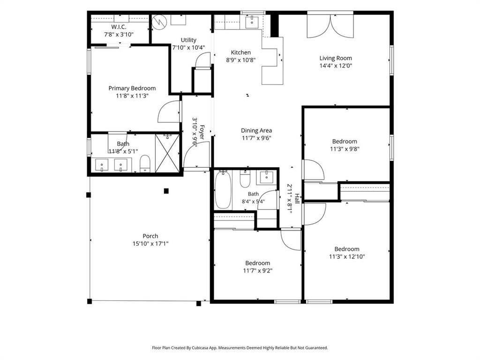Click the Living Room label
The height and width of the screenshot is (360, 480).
pyautogui.click(x=336, y=58)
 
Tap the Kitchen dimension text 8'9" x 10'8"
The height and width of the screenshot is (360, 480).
pyautogui.click(x=240, y=60)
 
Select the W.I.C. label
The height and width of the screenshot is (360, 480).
pyautogui.click(x=119, y=27)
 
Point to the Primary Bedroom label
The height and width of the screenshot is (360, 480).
pyautogui.click(x=132, y=88)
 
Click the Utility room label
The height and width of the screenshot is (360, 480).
pyautogui.click(x=188, y=40)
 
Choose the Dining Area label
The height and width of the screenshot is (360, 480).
pyautogui.click(x=256, y=130)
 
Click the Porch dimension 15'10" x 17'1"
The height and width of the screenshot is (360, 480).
pyautogui.click(x=150, y=244)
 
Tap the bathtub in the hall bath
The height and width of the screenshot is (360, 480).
pyautogui.click(x=223, y=190)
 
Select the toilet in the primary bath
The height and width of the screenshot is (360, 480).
pyautogui.click(x=145, y=164)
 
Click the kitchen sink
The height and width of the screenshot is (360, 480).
pyautogui.click(x=252, y=22)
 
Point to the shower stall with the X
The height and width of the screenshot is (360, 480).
pyautogui.click(x=167, y=153)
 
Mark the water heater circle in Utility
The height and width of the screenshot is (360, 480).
pyautogui.click(x=159, y=22)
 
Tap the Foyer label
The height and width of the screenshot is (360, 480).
pyautogui.click(x=202, y=132)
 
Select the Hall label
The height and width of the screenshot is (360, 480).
pyautogui.click(x=297, y=199)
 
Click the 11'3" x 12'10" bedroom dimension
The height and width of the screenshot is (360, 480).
pyautogui.click(x=347, y=256)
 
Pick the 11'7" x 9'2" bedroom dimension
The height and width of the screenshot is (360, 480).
pyautogui.click(x=258, y=270)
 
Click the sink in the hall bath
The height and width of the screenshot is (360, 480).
pyautogui.click(x=266, y=177)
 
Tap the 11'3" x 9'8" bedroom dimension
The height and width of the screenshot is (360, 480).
pyautogui.click(x=345, y=149)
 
